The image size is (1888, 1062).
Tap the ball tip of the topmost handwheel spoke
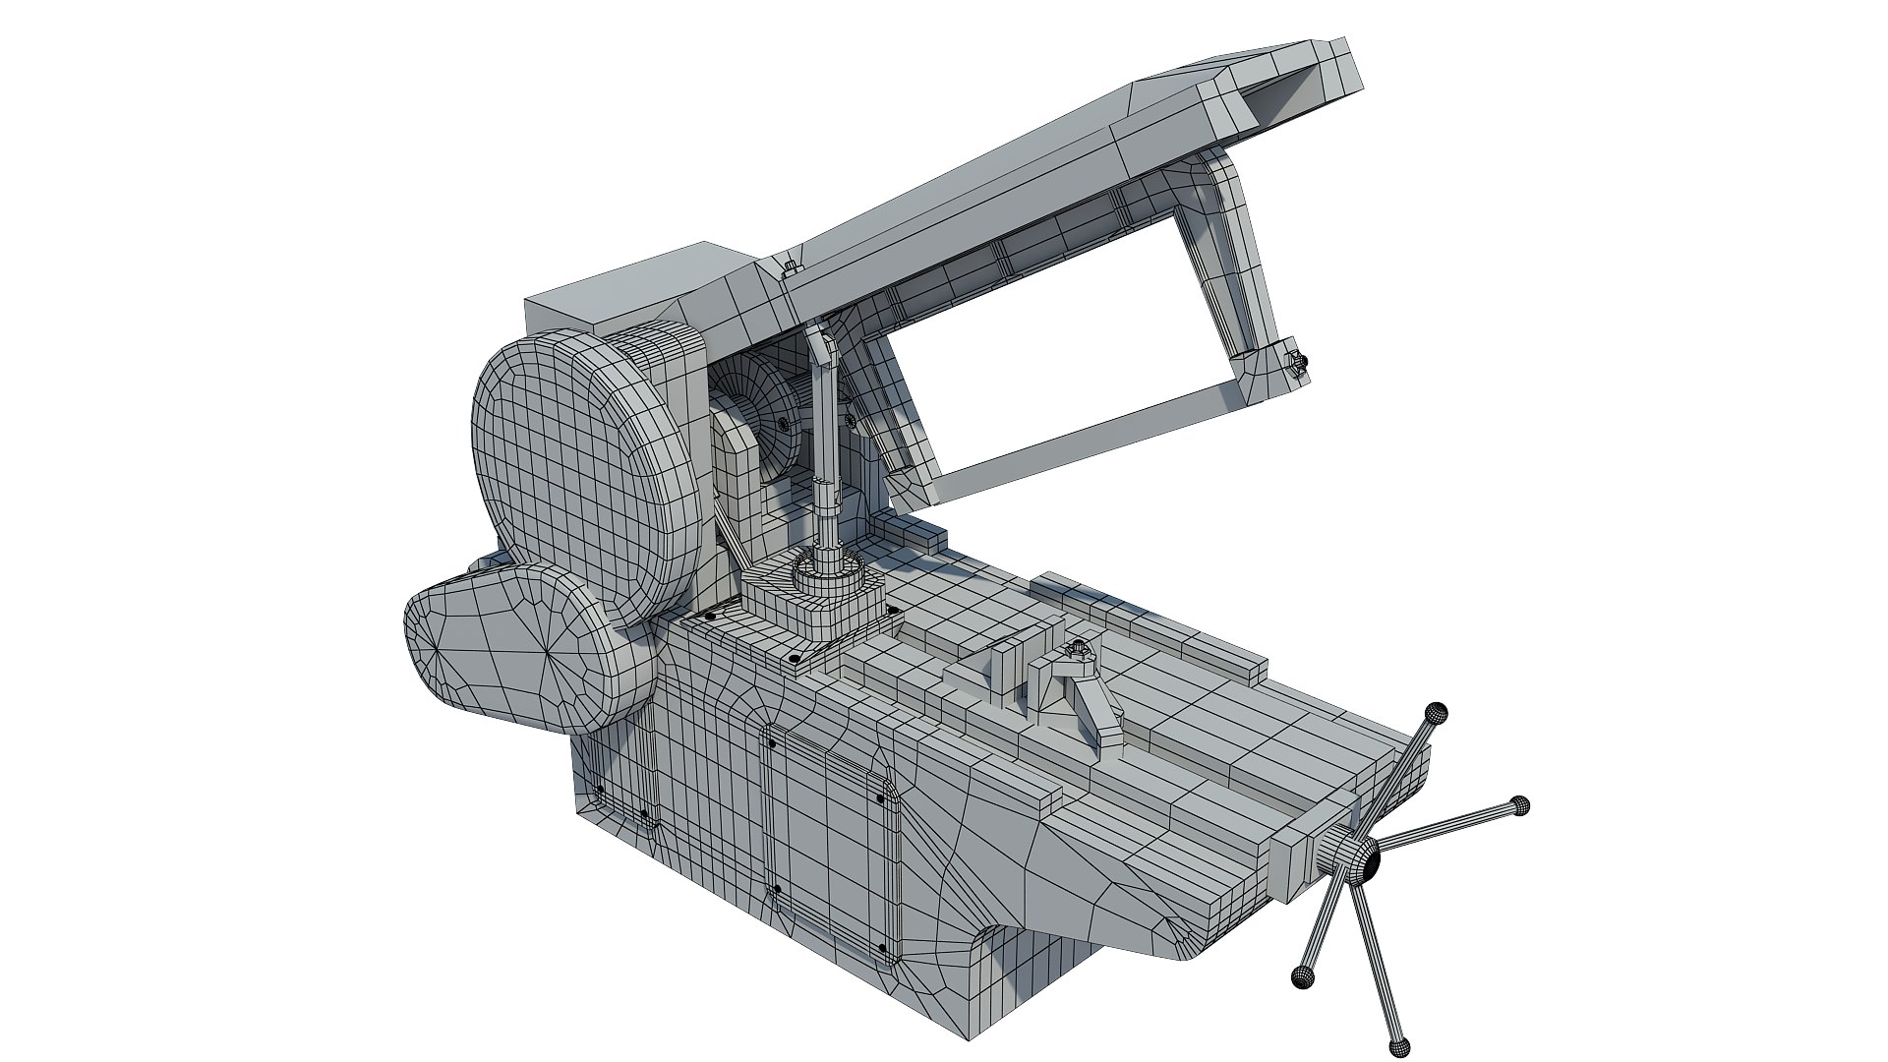pyautogui.click(x=1438, y=711)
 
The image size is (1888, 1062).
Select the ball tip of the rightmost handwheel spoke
pyautogui.click(x=1520, y=805)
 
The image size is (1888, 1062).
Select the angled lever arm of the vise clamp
pyautogui.click(x=1096, y=710)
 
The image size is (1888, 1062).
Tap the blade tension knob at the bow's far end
pyautogui.click(x=1297, y=363)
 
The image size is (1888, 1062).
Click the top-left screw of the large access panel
pyautogui.click(x=772, y=743)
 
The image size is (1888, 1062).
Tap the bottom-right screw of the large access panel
pyautogui.click(x=882, y=950)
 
